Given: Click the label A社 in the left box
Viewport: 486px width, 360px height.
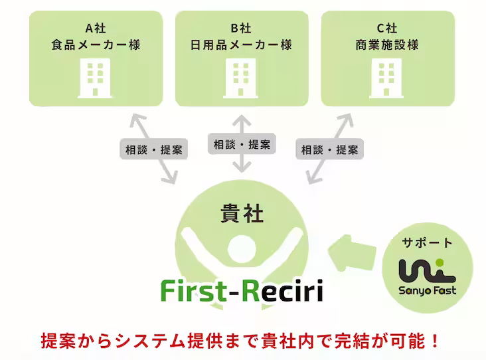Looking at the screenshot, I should (96, 28).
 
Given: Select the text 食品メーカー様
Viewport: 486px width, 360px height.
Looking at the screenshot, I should (96, 45).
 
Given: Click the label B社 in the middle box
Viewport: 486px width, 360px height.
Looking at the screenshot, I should (242, 28).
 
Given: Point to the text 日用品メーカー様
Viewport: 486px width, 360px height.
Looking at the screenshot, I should (242, 45).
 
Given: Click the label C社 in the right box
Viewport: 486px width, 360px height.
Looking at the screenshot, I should (387, 28).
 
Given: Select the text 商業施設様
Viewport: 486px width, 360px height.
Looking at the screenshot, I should (387, 45).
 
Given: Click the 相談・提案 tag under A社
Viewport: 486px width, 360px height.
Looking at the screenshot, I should (153, 149).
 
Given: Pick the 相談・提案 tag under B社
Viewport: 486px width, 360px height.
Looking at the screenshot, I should (242, 144).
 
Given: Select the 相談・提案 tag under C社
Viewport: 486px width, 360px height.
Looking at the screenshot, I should (329, 149).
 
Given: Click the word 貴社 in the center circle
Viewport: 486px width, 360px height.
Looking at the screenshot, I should (242, 214).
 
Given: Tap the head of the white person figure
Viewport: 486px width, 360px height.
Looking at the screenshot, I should (241, 252).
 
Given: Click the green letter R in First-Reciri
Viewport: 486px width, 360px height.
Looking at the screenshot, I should (248, 290).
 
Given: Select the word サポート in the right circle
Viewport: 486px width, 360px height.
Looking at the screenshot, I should (427, 242).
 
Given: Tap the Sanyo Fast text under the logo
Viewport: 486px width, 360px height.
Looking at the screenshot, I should (427, 290).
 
